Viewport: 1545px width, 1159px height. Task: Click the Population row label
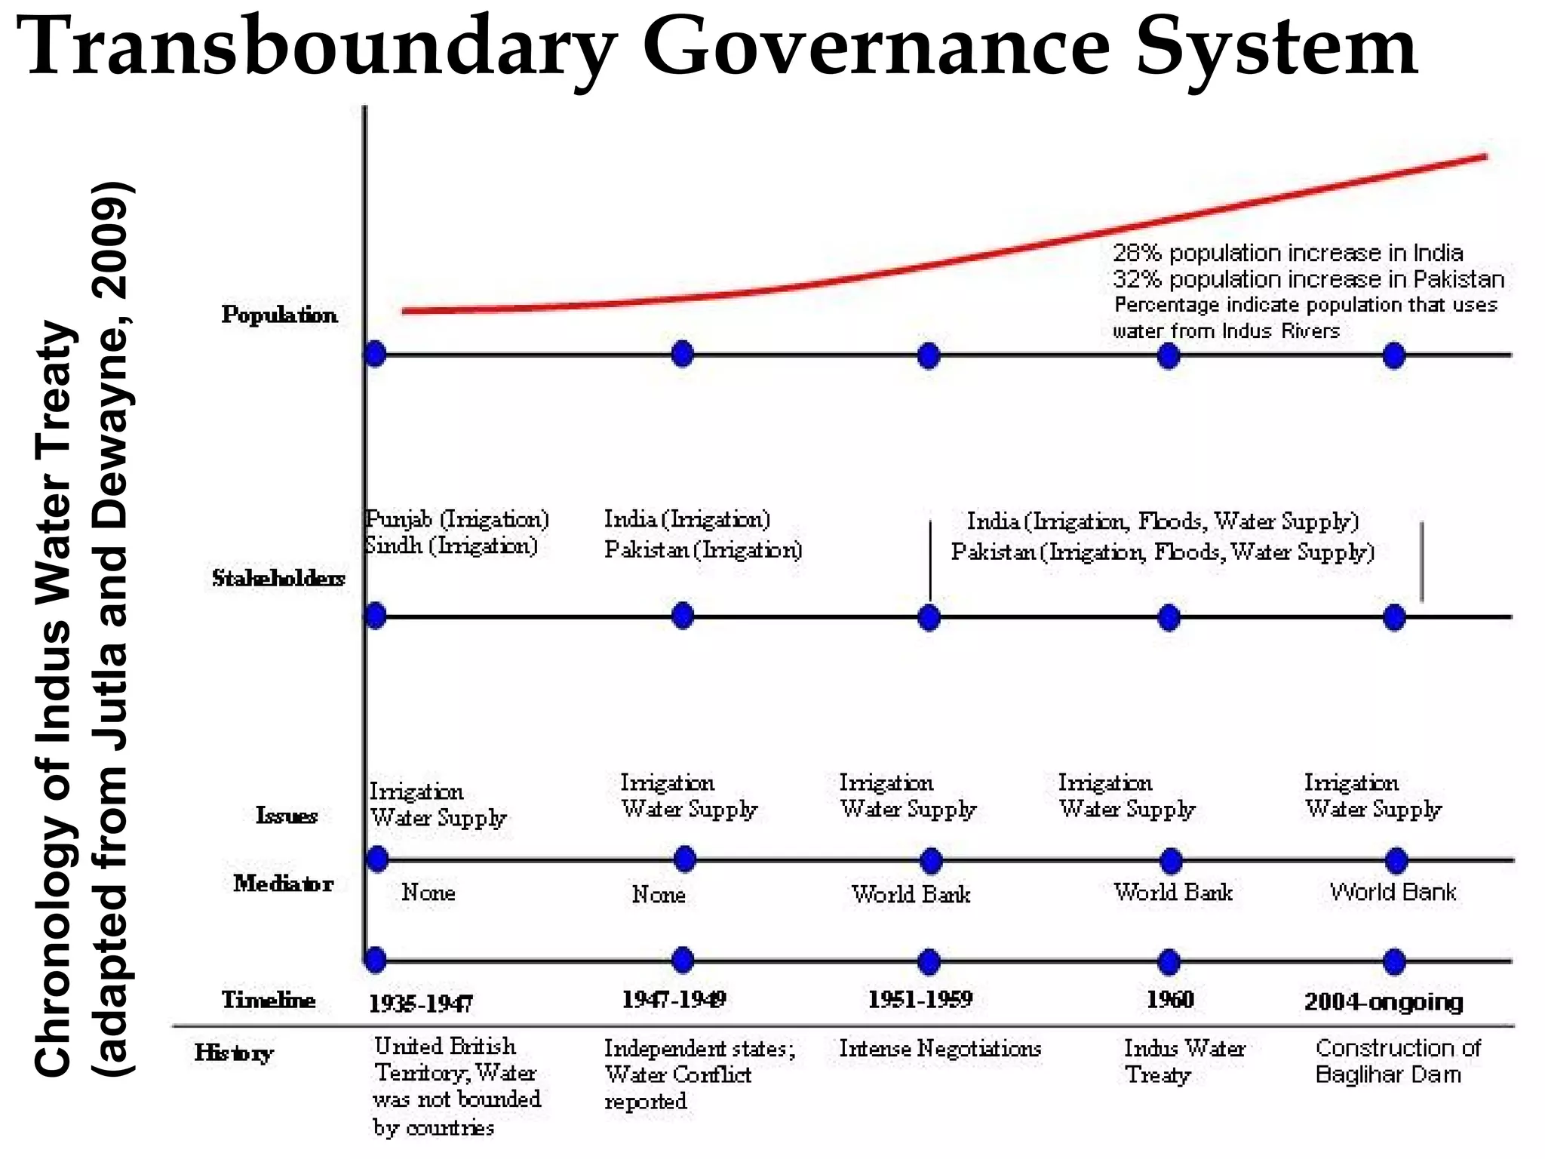[x=279, y=315]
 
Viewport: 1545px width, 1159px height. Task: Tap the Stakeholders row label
[x=278, y=578]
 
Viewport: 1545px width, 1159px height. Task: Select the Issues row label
[x=287, y=816]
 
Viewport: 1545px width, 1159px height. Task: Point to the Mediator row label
[x=283, y=883]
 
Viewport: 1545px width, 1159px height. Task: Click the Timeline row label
[x=269, y=1000]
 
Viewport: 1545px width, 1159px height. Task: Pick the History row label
[x=233, y=1053]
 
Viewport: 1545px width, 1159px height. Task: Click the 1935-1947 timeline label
[x=420, y=1004]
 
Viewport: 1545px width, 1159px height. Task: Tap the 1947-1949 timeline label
[x=674, y=1000]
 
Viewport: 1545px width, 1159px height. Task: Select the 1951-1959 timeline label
[x=920, y=1000]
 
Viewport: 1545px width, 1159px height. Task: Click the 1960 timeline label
[x=1170, y=1000]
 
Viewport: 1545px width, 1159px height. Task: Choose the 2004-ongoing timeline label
[x=1384, y=1002]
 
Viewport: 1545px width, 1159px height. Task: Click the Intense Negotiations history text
[x=940, y=1048]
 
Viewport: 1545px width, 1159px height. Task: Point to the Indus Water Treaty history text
[x=1184, y=1061]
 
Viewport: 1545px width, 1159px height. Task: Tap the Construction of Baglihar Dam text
[x=1398, y=1061]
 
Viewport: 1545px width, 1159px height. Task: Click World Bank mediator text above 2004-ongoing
[x=1393, y=892]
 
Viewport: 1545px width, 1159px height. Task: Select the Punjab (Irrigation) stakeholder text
[x=457, y=519]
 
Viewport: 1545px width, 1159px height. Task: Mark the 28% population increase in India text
[x=1288, y=253]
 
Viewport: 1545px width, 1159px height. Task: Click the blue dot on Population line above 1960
[x=1169, y=355]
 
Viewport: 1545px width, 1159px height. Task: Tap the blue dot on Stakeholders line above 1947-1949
[x=683, y=616]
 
